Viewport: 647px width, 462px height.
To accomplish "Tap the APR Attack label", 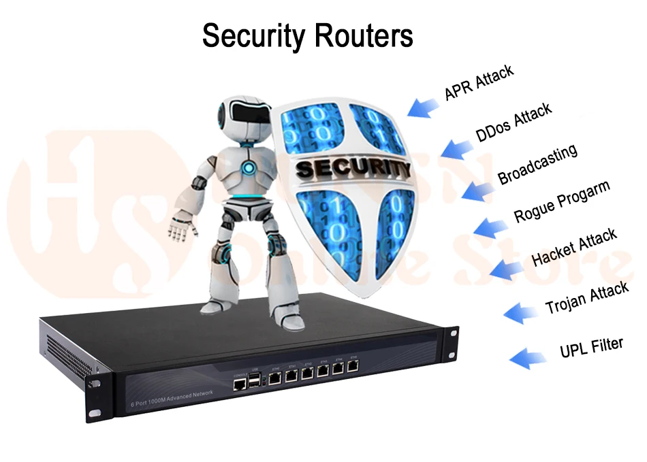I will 479,82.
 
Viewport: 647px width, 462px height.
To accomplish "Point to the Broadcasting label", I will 537,164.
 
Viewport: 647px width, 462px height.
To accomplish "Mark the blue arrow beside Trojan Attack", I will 521,312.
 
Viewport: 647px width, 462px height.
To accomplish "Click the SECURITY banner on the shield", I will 352,167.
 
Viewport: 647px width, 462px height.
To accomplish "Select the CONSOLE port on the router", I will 240,384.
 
